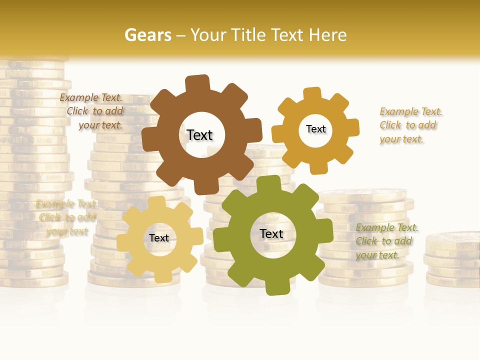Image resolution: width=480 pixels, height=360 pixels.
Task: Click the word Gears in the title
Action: (x=147, y=35)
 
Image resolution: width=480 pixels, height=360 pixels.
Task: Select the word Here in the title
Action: (x=328, y=35)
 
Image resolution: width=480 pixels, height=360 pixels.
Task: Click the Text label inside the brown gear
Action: (x=199, y=135)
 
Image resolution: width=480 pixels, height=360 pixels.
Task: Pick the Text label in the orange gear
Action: (x=315, y=129)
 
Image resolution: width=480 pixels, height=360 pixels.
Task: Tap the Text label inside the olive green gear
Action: (x=271, y=233)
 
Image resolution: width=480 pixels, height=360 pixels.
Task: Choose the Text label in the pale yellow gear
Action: (x=159, y=238)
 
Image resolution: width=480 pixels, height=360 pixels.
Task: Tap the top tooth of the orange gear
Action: (x=312, y=94)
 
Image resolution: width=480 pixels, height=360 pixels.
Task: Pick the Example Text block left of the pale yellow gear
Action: (x=67, y=217)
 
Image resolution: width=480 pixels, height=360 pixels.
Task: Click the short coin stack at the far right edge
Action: (x=452, y=260)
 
